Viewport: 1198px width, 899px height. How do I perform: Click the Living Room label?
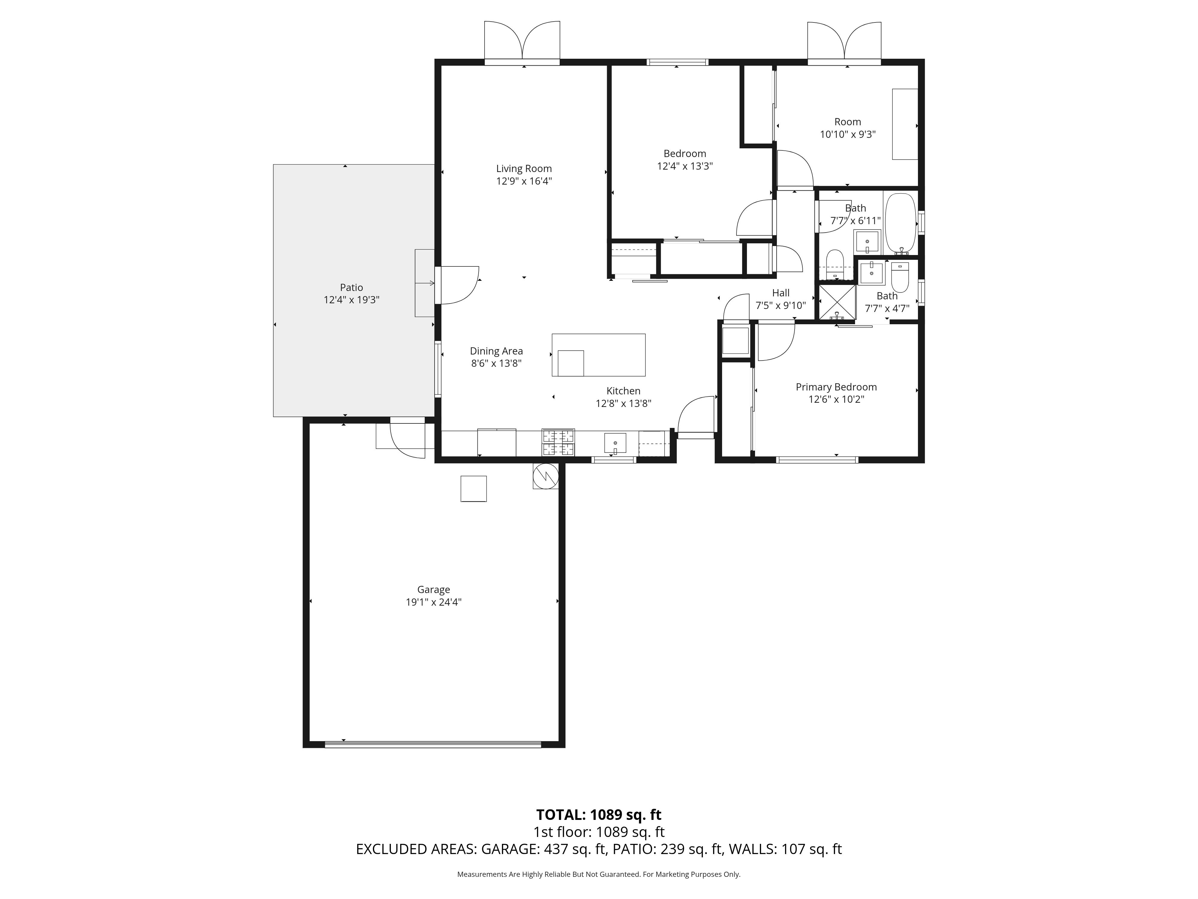click(524, 168)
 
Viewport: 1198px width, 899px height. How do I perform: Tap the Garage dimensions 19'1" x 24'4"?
click(433, 602)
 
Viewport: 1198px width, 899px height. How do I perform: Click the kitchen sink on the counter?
click(615, 443)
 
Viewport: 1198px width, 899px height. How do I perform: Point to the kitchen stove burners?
click(558, 442)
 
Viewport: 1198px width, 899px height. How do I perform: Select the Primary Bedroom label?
click(836, 387)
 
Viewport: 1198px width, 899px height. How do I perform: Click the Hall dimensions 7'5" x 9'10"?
click(780, 306)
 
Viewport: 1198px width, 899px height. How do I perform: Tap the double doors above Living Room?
click(522, 41)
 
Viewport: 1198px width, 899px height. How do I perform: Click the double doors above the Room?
click(844, 41)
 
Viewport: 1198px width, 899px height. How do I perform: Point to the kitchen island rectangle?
click(598, 355)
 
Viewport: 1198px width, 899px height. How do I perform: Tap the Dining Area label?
click(496, 351)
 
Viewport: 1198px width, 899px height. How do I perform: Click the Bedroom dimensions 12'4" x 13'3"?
click(685, 166)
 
